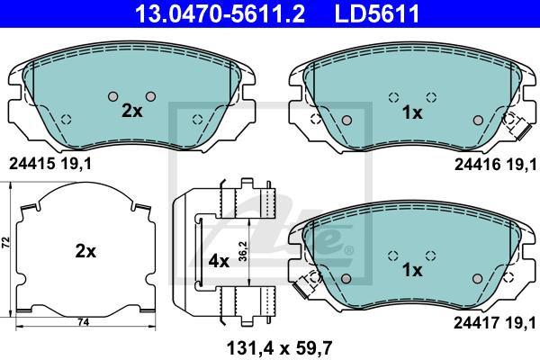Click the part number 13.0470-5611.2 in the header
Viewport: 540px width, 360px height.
tap(220, 13)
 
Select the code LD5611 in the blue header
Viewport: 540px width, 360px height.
tap(377, 13)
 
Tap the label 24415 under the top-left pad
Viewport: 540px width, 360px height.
tap(32, 164)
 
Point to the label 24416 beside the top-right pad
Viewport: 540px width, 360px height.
tap(478, 165)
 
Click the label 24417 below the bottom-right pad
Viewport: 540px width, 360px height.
tap(477, 323)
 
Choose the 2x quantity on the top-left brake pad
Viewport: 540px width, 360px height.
tap(132, 111)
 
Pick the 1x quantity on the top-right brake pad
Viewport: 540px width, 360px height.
tap(412, 112)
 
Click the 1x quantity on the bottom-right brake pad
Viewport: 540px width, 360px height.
tap(412, 270)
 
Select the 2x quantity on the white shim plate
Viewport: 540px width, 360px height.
tap(85, 251)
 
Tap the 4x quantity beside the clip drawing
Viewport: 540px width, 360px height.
tap(219, 262)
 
